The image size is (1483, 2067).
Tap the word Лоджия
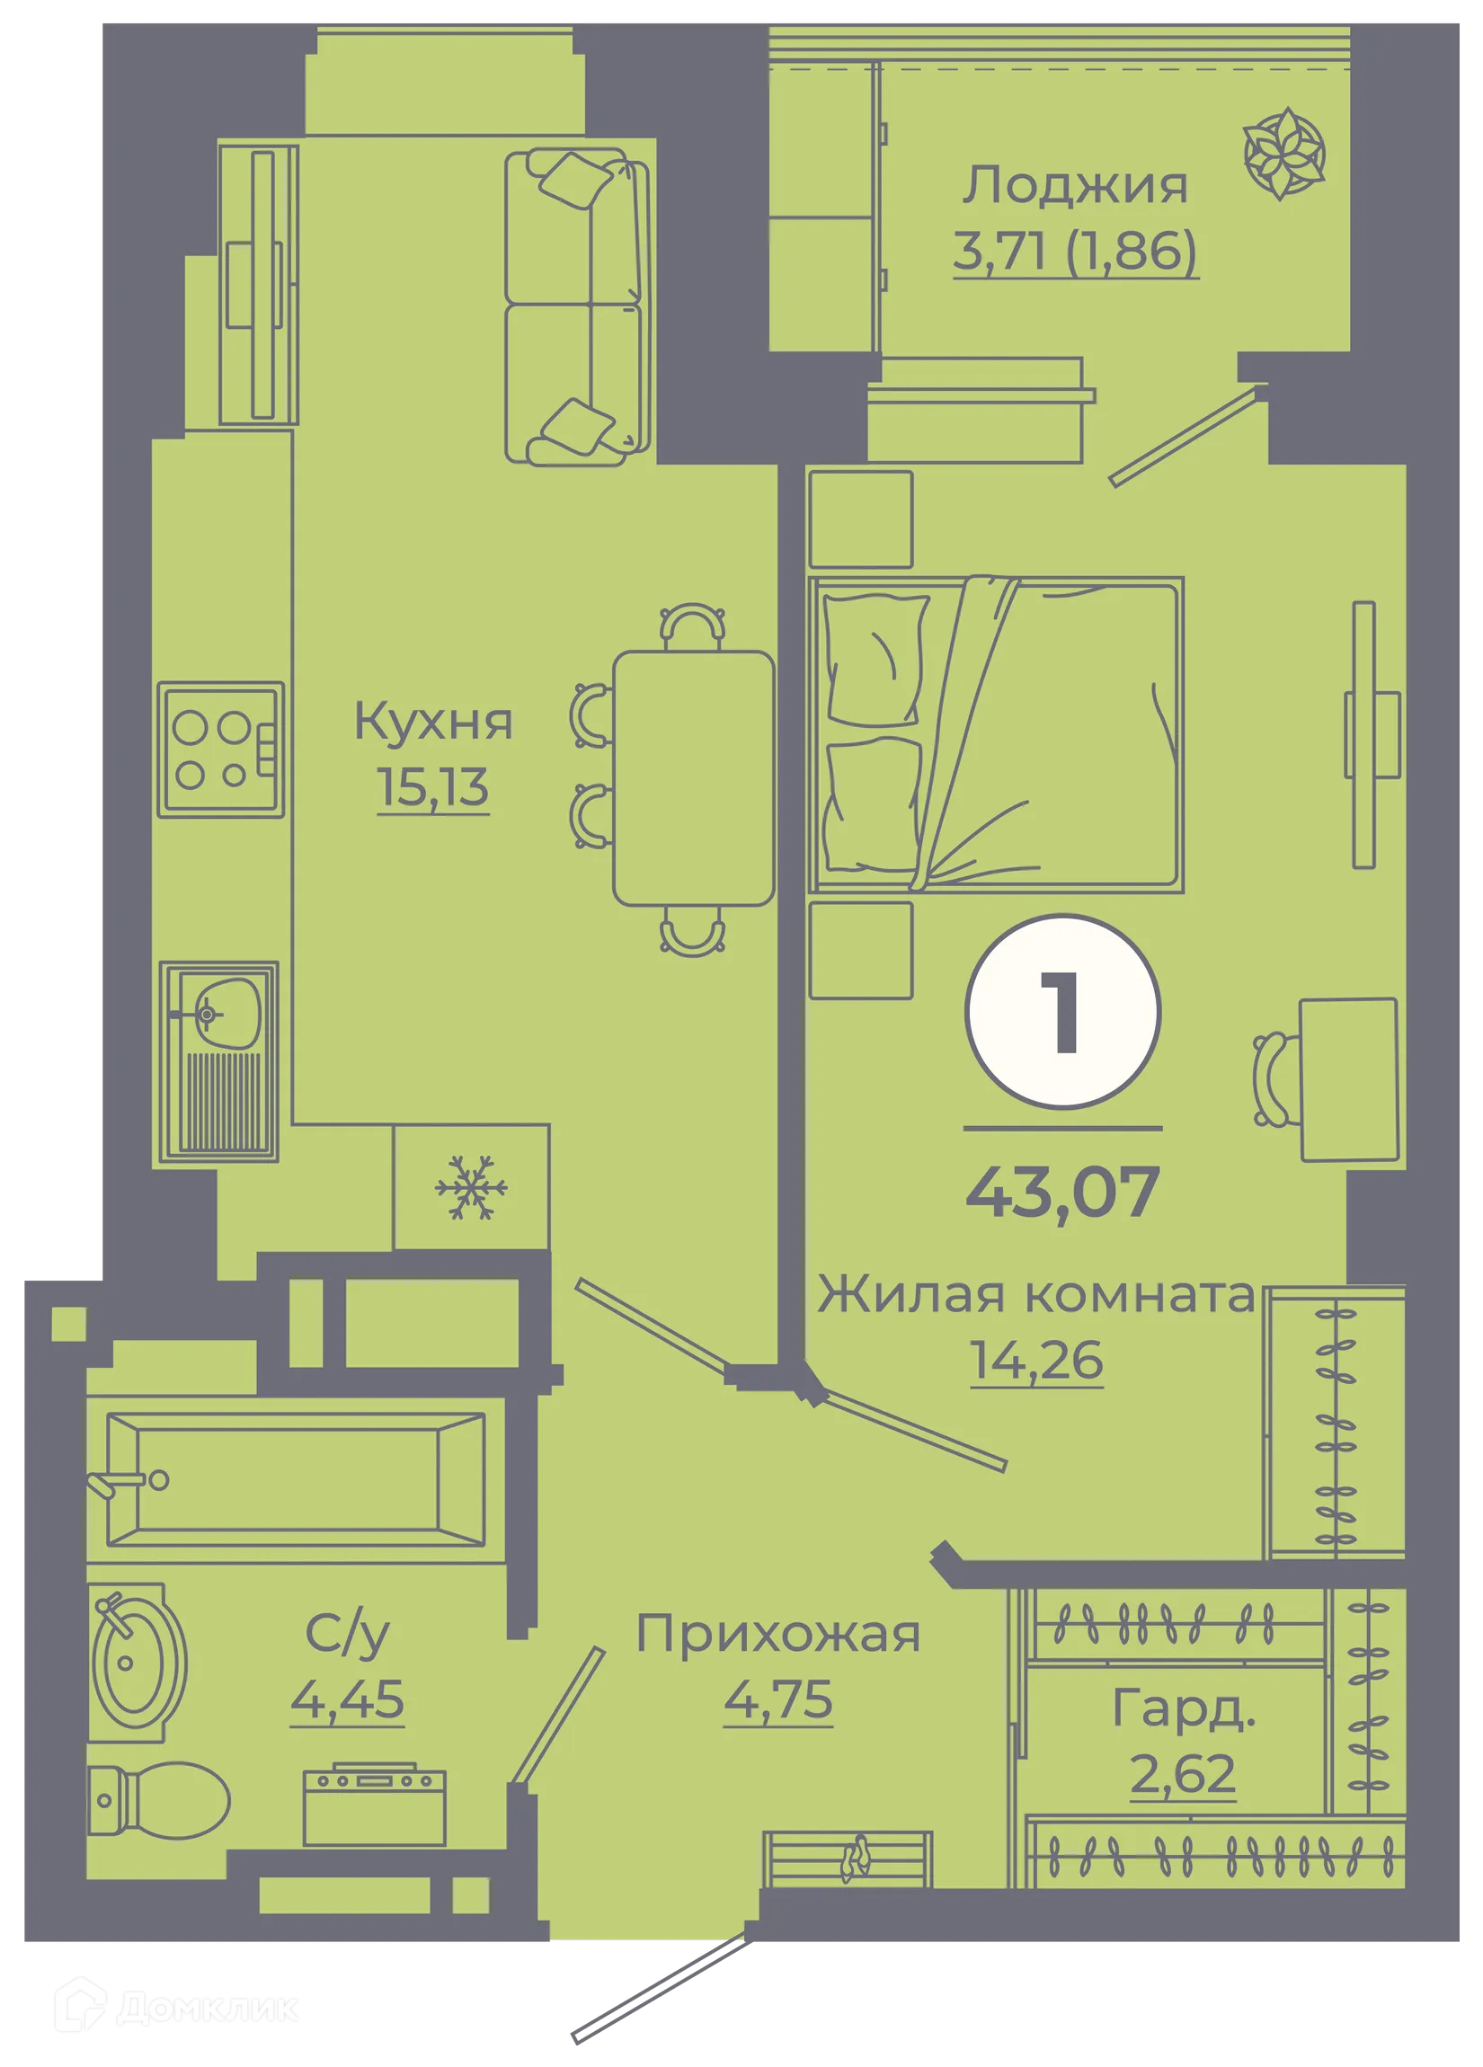pyautogui.click(x=1076, y=186)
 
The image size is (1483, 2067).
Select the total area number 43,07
pyautogui.click(x=1062, y=1193)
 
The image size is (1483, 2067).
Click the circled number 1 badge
pyautogui.click(x=1062, y=1012)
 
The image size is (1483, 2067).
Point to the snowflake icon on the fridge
pyautogui.click(x=470, y=1187)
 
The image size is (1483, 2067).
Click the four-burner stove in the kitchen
pyautogui.click(x=220, y=750)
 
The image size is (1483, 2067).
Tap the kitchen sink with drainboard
pyautogui.click(x=218, y=1061)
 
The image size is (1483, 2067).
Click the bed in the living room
pyautogui.click(x=996, y=734)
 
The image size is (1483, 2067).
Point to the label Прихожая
pyautogui.click(x=778, y=1634)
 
